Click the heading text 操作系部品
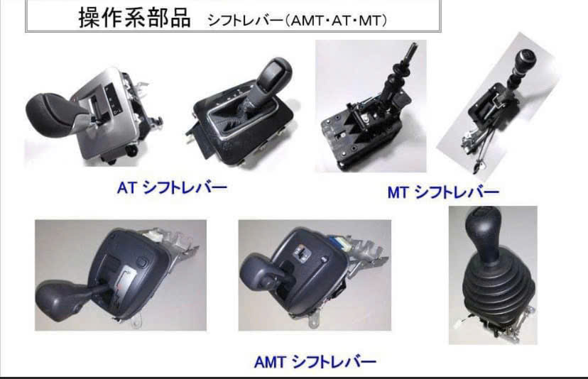pyautogui.click(x=134, y=18)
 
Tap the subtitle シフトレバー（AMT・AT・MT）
pyautogui.click(x=297, y=21)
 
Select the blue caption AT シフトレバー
pyautogui.click(x=172, y=187)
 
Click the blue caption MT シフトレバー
pyautogui.click(x=443, y=192)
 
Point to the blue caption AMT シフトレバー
pyautogui.click(x=315, y=362)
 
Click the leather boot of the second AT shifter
pyautogui.click(x=240, y=109)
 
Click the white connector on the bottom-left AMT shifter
pyautogui.click(x=155, y=234)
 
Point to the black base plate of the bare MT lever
pyautogui.click(x=356, y=138)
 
